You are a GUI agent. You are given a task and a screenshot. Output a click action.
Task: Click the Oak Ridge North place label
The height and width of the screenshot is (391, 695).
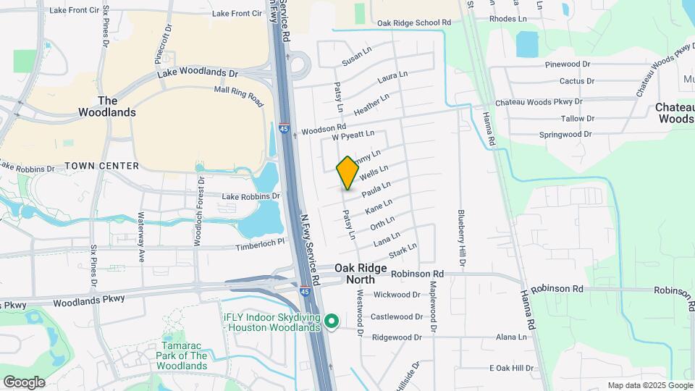[355, 274]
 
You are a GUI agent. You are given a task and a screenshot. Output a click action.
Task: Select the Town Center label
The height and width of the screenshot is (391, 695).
[101, 166]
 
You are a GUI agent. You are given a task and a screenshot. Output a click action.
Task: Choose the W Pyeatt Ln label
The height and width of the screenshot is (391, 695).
[353, 135]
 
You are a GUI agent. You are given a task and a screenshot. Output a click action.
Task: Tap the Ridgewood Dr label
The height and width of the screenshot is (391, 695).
[397, 337]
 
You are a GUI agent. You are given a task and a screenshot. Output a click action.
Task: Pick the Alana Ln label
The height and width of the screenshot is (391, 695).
[511, 337]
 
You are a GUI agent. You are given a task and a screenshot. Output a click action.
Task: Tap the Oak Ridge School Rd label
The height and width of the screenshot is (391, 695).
[414, 23]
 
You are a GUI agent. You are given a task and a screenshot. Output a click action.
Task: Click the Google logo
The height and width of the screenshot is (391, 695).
[23, 382]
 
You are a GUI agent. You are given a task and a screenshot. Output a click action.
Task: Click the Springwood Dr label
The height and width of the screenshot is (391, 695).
[567, 135]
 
